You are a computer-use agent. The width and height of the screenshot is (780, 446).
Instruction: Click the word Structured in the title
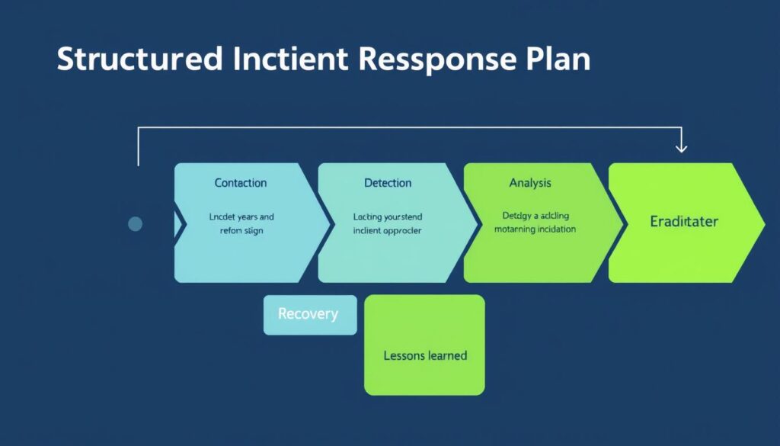(139, 60)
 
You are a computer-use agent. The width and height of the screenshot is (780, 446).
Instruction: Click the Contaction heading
(241, 183)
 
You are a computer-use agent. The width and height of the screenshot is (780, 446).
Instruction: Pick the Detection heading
(388, 183)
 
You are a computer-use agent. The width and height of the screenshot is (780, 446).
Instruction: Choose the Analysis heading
(530, 183)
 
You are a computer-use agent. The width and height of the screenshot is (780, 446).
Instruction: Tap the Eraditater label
(684, 222)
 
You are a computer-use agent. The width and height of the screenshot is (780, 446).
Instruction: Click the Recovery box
(308, 314)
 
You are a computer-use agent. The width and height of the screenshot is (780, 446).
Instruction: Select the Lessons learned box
(424, 355)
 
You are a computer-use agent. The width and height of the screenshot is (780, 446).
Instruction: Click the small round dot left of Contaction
(136, 223)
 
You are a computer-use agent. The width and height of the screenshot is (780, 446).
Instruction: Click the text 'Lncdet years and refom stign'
(241, 223)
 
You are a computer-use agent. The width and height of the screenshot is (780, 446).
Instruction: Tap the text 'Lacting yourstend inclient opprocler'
(388, 223)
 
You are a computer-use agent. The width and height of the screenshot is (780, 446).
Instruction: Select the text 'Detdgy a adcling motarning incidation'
(535, 222)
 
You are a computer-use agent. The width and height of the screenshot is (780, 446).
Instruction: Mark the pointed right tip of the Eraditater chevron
(763, 222)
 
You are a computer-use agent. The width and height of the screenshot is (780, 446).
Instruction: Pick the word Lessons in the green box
(404, 355)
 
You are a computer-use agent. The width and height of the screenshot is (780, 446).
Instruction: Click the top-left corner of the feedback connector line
(139, 129)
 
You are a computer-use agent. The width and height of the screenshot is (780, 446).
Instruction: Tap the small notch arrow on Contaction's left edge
(181, 223)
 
